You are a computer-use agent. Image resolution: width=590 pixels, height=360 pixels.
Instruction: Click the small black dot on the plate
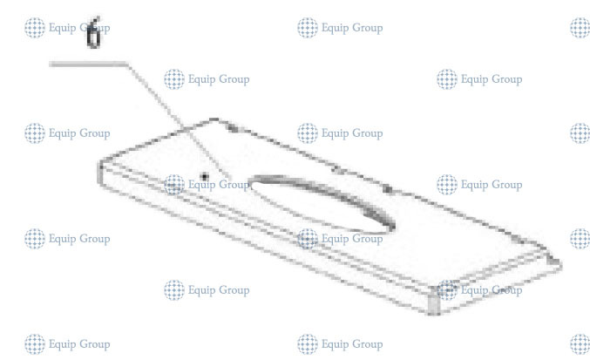(206, 176)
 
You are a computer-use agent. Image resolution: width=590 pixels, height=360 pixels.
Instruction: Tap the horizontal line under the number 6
(87, 63)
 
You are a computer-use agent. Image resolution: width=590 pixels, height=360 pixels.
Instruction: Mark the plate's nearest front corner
(435, 307)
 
